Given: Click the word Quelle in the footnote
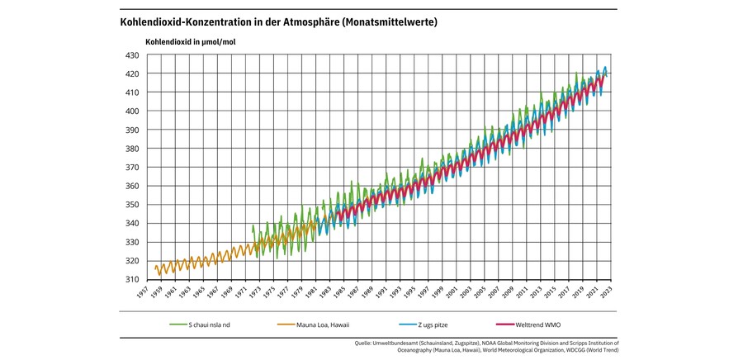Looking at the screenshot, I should coord(362,343).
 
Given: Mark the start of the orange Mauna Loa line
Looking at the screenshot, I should coord(154,268).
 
